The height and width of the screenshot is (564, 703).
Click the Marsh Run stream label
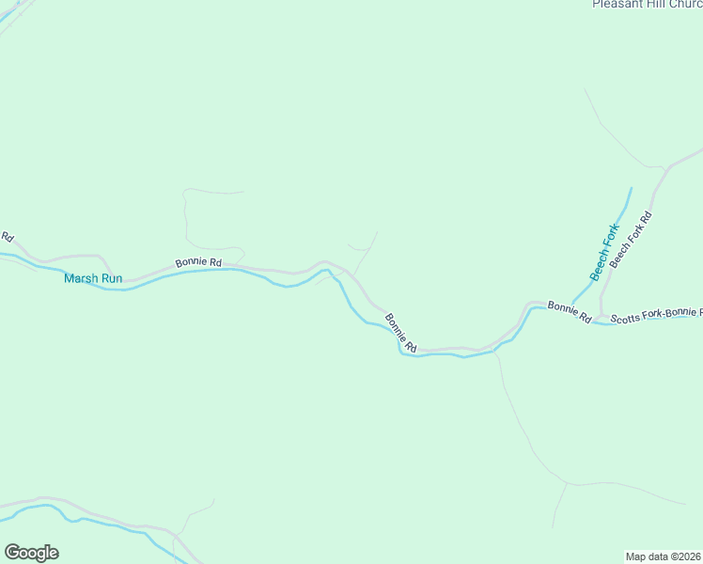93,278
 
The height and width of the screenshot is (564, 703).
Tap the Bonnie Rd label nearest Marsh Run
198,263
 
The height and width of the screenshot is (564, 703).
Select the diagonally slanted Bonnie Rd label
400,333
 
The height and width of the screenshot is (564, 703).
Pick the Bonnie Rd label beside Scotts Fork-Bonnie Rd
570,312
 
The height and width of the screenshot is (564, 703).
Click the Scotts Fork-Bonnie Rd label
656,315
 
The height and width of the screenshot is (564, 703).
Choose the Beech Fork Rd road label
631,240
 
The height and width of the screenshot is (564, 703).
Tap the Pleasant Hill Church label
647,5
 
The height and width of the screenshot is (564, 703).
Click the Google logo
31,553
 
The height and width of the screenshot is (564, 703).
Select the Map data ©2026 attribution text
664,556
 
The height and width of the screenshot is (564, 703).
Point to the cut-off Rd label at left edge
6,236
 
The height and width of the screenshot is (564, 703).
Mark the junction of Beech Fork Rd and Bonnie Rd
601,315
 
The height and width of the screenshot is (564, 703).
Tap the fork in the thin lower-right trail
568,484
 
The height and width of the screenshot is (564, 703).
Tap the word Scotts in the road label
627,319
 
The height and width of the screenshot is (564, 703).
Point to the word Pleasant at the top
617,5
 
